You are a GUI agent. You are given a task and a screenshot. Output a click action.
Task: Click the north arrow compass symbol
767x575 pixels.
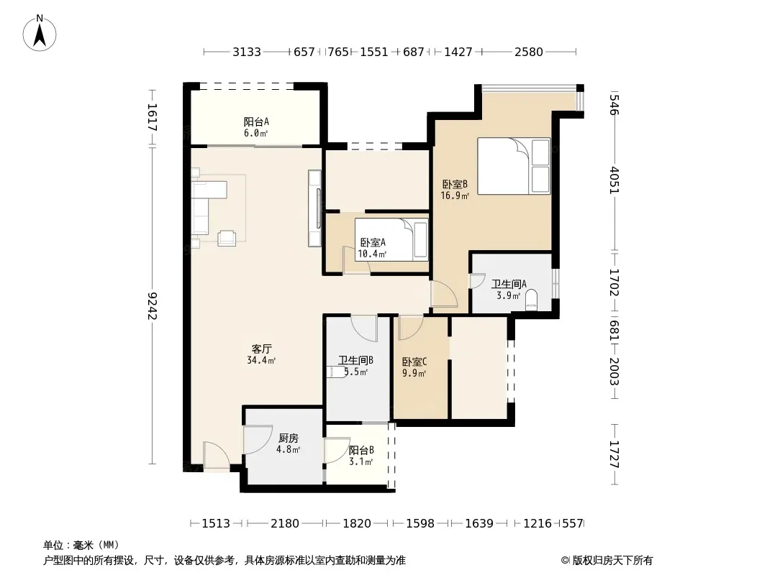(40, 33)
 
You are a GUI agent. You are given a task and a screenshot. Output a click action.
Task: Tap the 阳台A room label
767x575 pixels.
(256, 121)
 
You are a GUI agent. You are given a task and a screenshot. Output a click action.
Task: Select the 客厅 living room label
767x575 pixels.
(262, 349)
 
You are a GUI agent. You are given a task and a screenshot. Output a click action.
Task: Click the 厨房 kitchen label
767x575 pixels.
(288, 438)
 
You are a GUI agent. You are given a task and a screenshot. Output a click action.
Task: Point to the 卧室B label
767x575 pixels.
(455, 184)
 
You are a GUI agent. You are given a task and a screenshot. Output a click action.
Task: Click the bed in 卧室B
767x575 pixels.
(514, 166)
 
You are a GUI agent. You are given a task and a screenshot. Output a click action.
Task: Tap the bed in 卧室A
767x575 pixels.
(391, 239)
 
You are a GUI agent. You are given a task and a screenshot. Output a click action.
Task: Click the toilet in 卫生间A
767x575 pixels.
(531, 300)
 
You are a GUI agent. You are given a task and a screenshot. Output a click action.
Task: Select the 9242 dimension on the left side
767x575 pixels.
(153, 305)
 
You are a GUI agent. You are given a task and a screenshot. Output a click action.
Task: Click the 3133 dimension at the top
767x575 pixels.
(247, 52)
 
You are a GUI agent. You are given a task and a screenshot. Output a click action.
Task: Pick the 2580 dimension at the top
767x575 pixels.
(529, 52)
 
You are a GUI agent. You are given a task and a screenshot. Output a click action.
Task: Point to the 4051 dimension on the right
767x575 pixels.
(615, 180)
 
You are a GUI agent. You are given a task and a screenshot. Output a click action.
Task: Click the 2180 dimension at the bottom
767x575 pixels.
(285, 523)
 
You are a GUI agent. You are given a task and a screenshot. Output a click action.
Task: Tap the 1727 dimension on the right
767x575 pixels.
(615, 454)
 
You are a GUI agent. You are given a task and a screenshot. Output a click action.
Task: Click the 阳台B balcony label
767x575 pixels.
(361, 450)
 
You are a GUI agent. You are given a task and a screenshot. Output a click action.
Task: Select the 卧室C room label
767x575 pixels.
(414, 362)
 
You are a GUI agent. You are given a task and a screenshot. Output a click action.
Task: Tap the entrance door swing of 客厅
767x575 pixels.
(216, 456)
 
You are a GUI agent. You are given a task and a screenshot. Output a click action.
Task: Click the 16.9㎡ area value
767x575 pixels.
(455, 196)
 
